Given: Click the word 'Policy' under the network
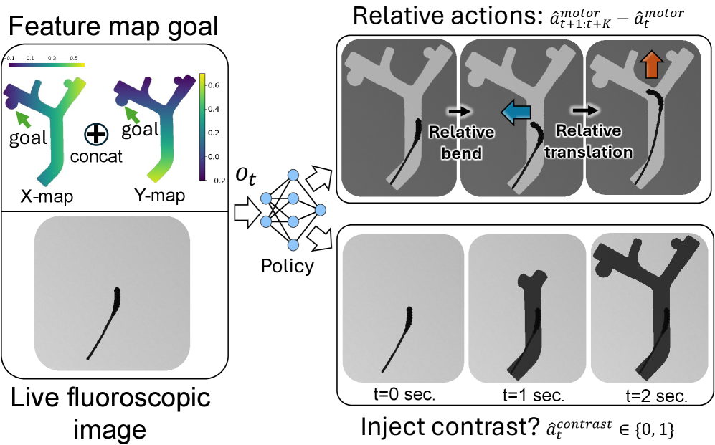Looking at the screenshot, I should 288,267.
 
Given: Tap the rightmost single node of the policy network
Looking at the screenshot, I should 320,210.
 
